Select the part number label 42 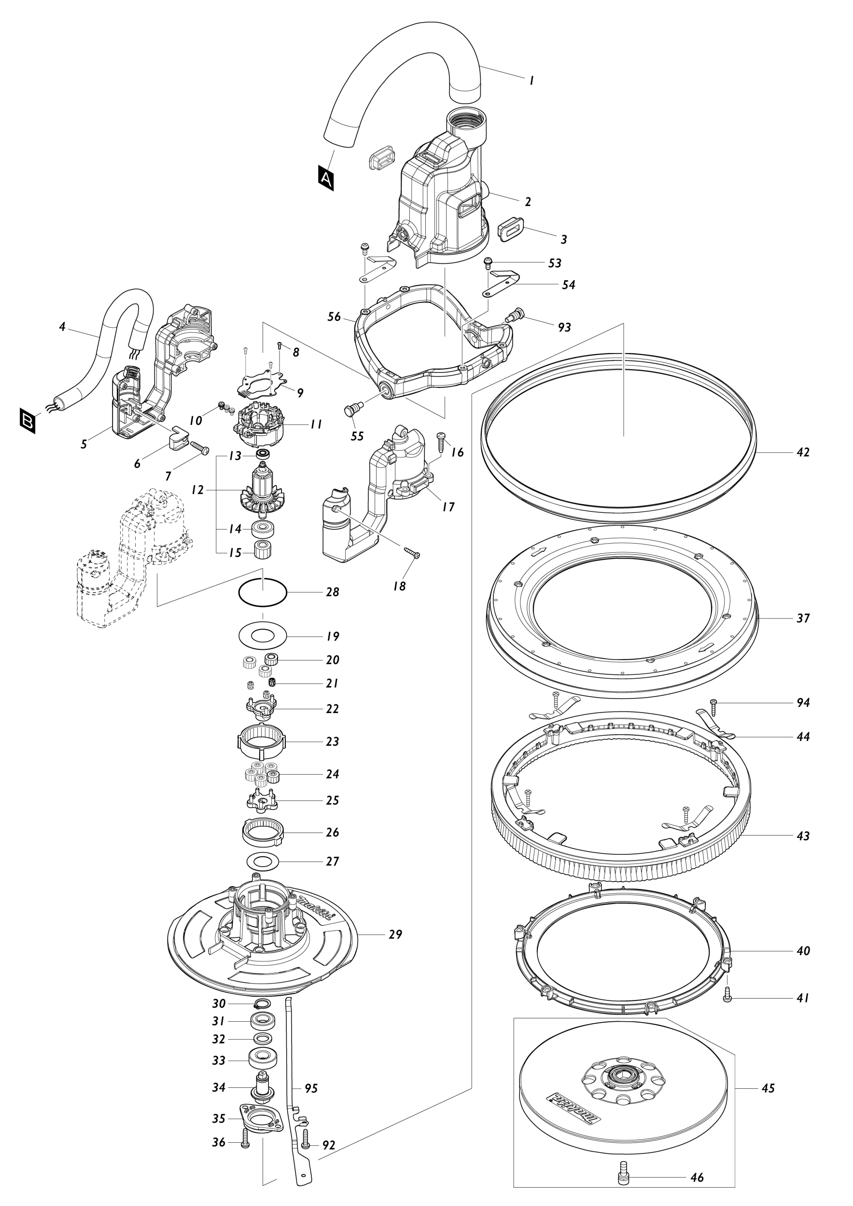click(x=802, y=452)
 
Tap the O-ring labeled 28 click(x=263, y=592)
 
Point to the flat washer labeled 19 click(x=262, y=636)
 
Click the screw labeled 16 click(x=441, y=441)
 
